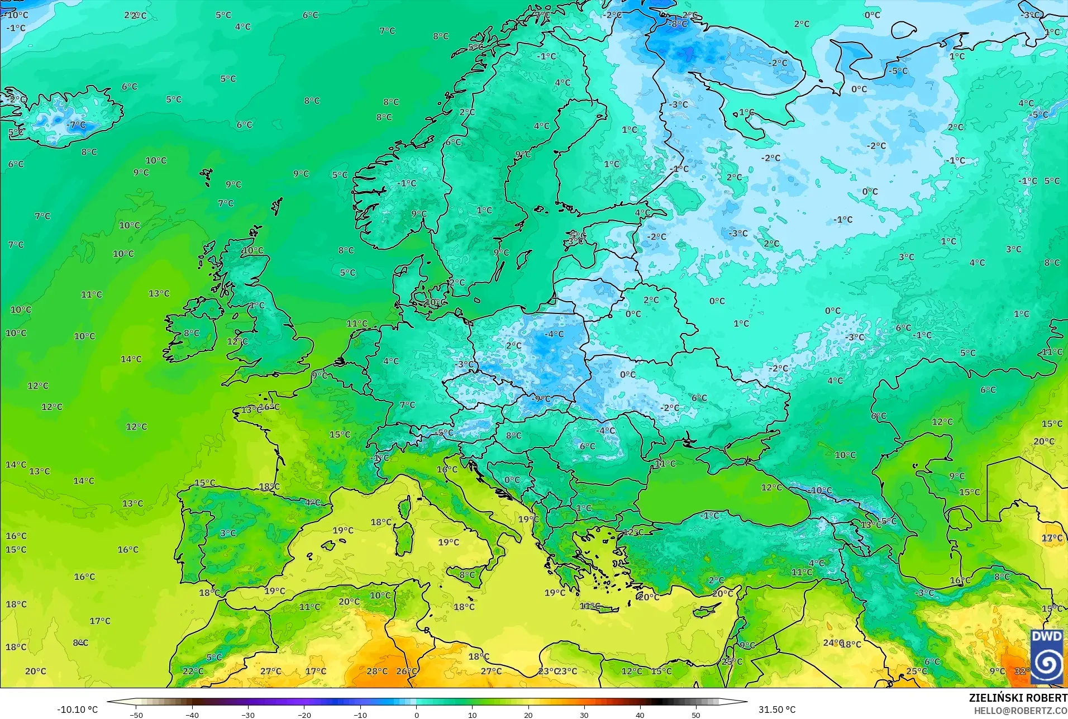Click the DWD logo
[1047, 656]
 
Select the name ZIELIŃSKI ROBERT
[1018, 698]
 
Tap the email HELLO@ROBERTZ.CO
[1021, 711]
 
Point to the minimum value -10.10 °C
[77, 710]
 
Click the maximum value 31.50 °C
[776, 710]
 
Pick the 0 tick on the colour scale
[416, 715]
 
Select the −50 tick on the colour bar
[136, 715]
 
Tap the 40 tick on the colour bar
[640, 715]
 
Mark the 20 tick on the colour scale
[528, 715]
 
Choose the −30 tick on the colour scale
[248, 715]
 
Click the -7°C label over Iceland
[77, 125]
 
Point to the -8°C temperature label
[678, 24]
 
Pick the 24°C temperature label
[832, 643]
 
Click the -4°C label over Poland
[554, 334]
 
